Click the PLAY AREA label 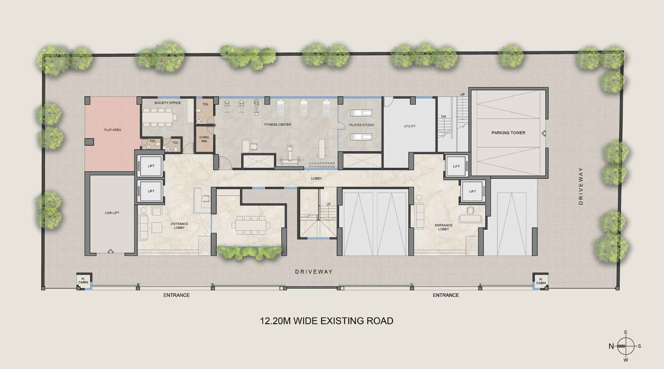(112, 130)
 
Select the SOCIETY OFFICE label (168, 103)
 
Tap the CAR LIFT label (112, 213)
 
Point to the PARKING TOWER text (508, 133)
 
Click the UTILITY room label (410, 126)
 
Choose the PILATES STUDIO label (361, 125)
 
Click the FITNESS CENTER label (278, 125)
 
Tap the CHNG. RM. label (204, 139)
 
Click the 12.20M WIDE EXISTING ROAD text (326, 321)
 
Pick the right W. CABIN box (541, 281)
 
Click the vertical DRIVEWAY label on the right (581, 186)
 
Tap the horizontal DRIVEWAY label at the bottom (314, 271)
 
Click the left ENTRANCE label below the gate (176, 295)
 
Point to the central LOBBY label (316, 178)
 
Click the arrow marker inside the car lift (110, 251)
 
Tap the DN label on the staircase (443, 117)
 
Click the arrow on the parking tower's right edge (544, 133)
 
